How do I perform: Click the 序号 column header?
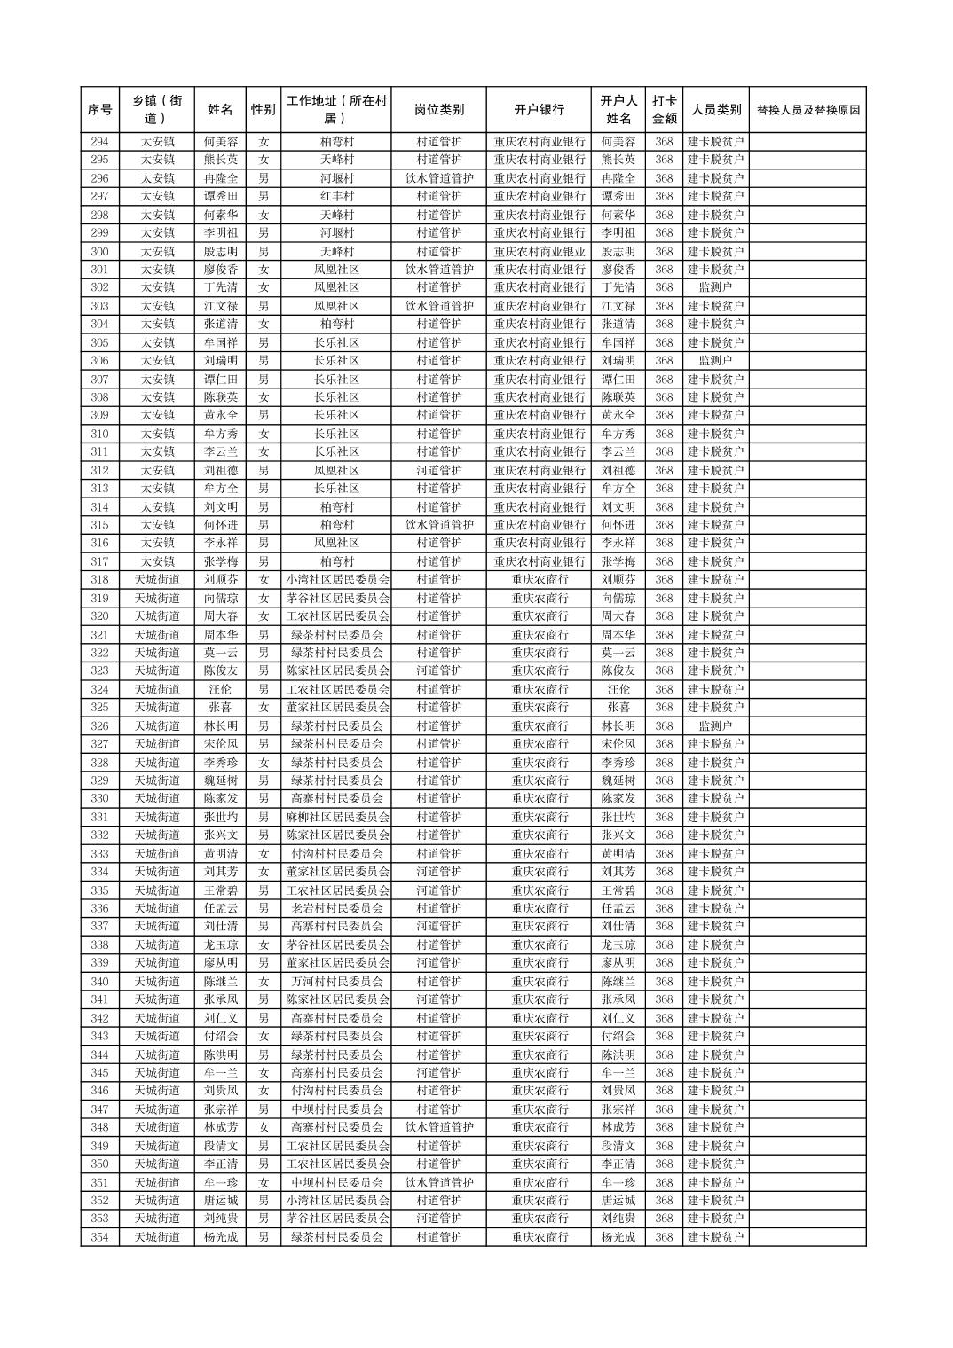(x=99, y=110)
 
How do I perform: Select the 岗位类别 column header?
(x=438, y=110)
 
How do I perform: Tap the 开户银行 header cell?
(x=539, y=110)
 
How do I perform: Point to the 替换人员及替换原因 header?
(x=807, y=110)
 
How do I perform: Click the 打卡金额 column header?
(x=664, y=110)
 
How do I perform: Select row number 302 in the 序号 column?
(x=99, y=287)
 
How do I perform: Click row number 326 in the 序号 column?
(x=99, y=725)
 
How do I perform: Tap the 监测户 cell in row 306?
(x=715, y=361)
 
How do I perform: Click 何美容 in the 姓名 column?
(x=220, y=142)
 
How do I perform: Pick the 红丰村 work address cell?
(x=337, y=196)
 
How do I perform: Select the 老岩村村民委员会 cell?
(x=337, y=908)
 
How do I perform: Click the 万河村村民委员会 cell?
(x=337, y=982)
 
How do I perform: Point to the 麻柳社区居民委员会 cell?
(x=337, y=817)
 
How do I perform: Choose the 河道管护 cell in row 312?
(x=438, y=470)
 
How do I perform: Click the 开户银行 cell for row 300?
(x=539, y=251)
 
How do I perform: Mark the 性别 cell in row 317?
(x=264, y=561)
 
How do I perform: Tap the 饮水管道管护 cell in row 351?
(x=438, y=1182)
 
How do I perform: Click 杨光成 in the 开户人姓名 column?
(x=618, y=1237)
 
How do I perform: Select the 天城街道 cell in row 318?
(x=157, y=580)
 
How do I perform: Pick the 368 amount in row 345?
(x=664, y=1073)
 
